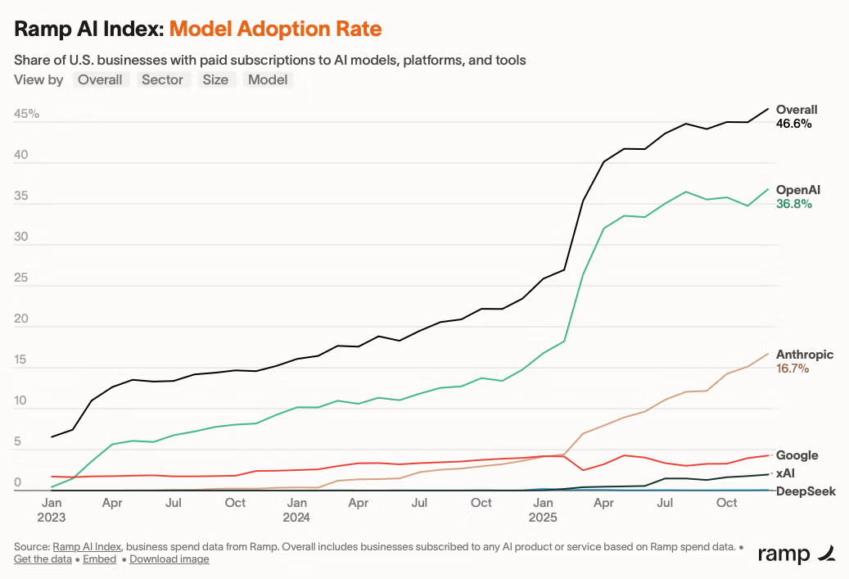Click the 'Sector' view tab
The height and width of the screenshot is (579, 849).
tap(162, 79)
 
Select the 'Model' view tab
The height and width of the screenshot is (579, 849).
tap(268, 79)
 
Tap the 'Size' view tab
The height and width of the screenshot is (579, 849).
tap(215, 79)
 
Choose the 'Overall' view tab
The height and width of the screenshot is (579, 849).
tap(100, 79)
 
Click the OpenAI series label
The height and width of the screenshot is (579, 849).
tap(798, 190)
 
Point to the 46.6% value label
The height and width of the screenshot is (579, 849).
tap(794, 124)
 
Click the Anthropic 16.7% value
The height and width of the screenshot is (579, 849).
tap(793, 369)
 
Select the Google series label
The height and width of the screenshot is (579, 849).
tap(797, 455)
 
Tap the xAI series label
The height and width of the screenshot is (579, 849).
tap(785, 473)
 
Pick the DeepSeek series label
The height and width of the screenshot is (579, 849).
tap(806, 491)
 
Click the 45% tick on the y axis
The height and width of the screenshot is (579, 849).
tap(26, 114)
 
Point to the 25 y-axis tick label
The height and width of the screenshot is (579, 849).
tap(21, 278)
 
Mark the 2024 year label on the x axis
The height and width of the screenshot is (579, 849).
tap(296, 518)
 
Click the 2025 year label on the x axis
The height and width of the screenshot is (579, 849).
tap(543, 518)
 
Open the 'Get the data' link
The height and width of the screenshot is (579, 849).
tap(43, 559)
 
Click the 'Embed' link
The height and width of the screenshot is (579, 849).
tap(100, 559)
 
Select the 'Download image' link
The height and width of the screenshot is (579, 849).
tap(169, 559)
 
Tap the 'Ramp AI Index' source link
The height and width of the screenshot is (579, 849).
tap(87, 546)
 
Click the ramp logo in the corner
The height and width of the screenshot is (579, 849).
tap(797, 554)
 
